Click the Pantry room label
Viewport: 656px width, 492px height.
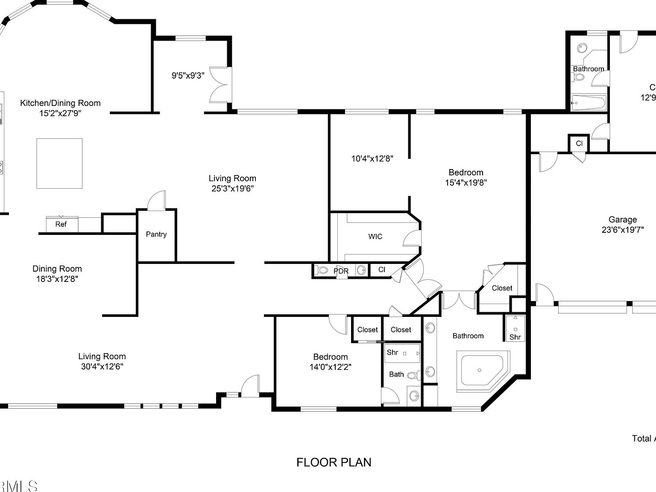[156, 234]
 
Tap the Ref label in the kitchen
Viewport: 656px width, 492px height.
[61, 224]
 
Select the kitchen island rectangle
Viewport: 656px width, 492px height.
[59, 163]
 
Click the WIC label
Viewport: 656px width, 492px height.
[375, 236]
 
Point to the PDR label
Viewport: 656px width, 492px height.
[341, 271]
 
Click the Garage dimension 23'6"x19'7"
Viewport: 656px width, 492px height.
[622, 230]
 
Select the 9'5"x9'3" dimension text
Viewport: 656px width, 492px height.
[188, 76]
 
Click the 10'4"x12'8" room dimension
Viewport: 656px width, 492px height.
[372, 158]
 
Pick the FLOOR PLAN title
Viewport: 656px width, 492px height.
[334, 462]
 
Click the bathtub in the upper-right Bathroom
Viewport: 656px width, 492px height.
[589, 102]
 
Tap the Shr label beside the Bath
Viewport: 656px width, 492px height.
[392, 352]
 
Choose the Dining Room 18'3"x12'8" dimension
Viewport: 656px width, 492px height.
[57, 279]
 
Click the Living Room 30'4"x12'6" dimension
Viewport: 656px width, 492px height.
[102, 366]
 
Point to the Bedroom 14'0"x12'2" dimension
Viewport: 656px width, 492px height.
[330, 367]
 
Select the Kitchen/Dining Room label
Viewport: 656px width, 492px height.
[60, 103]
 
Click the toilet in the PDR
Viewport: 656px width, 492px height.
[322, 270]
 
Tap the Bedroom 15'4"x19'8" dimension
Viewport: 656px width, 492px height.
[466, 183]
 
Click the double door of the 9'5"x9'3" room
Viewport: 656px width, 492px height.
[221, 85]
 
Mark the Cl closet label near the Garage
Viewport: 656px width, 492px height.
[579, 143]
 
